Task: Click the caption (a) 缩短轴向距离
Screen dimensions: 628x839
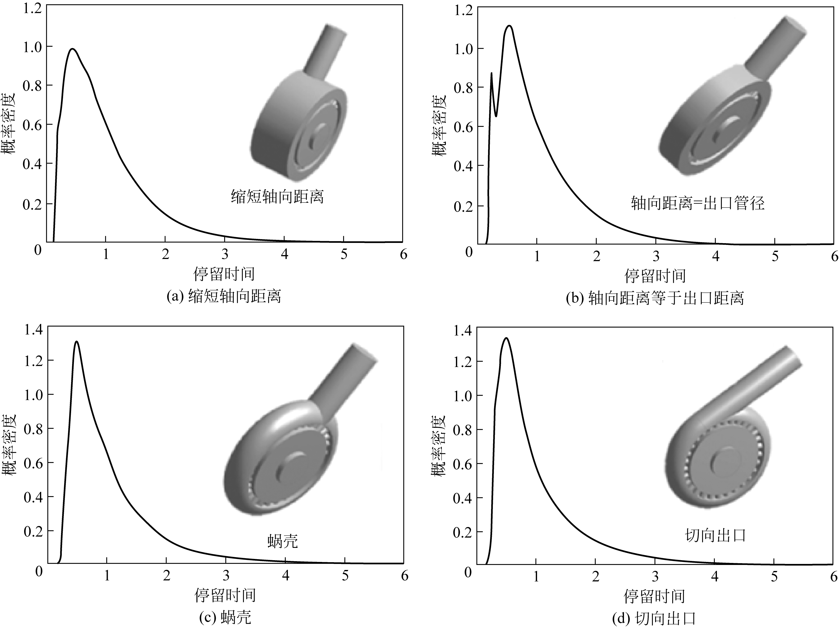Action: point(224,296)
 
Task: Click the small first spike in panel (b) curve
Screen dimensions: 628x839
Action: point(492,74)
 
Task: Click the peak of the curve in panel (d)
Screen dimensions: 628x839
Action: point(506,338)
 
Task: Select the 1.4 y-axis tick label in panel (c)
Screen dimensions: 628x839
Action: point(33,330)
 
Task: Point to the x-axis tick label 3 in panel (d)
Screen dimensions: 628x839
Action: point(655,577)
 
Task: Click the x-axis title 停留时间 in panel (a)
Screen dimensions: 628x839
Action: point(224,274)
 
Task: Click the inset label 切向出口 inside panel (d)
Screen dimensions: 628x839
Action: point(715,536)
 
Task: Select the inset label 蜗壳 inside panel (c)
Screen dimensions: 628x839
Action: point(283,541)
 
